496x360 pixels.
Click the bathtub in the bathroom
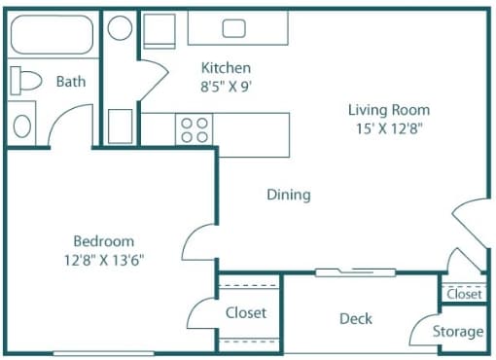pos(52,37)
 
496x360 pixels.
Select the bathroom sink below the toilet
pos(23,126)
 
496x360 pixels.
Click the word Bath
pos(71,82)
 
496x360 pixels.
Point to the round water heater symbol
pos(120,27)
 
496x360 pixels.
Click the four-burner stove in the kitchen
pos(195,130)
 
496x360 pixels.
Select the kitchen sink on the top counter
pos(233,28)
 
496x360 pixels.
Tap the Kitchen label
pos(226,68)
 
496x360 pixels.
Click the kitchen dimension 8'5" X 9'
pos(226,85)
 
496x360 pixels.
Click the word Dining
pos(289,195)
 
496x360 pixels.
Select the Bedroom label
pos(104,241)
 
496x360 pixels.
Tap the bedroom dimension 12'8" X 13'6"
pos(104,259)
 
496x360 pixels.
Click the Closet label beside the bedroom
pos(246,313)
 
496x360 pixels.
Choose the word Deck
pos(355,318)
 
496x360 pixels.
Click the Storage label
pos(458,332)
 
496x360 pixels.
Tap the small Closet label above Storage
pos(464,293)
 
